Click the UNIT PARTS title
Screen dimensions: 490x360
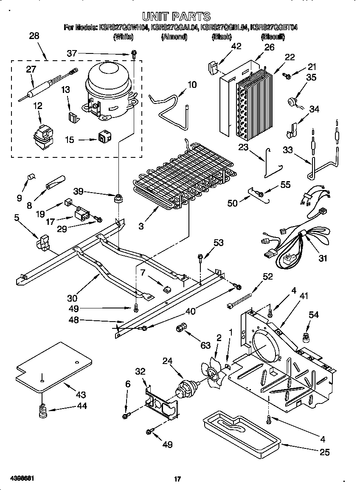coord(176,17)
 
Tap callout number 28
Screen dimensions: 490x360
coord(34,36)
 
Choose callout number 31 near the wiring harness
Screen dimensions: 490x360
coord(323,258)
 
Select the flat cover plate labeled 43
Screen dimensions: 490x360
coord(53,367)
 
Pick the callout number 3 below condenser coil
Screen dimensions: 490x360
coord(141,226)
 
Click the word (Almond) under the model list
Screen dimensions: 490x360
coord(174,37)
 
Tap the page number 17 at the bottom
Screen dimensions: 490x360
coord(177,479)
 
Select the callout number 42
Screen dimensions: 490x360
coord(236,46)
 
